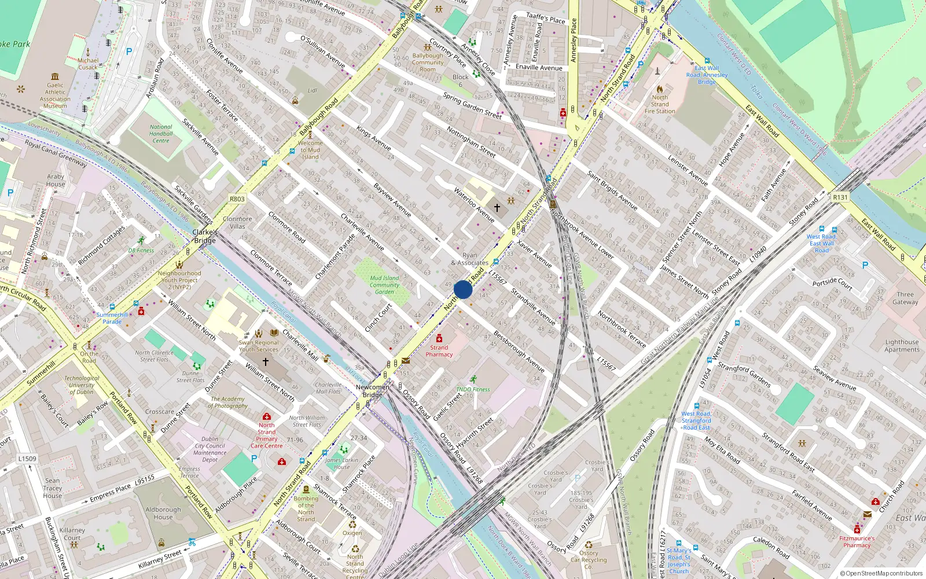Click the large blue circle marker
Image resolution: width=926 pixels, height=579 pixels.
click(463, 289)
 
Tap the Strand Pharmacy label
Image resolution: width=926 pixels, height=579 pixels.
click(439, 351)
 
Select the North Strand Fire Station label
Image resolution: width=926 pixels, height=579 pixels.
click(660, 104)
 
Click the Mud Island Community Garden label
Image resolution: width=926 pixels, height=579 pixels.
click(384, 285)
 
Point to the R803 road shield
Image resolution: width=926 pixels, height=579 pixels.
click(237, 199)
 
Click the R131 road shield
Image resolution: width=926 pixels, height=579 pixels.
click(840, 197)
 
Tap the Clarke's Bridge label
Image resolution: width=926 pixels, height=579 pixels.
click(205, 236)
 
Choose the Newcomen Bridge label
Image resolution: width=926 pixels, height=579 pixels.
click(373, 391)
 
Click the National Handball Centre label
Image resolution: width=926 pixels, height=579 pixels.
click(161, 134)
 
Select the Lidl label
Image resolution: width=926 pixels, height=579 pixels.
click(313, 90)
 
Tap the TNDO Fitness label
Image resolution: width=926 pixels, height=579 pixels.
click(473, 389)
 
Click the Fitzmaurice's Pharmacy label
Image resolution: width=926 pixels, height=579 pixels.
click(857, 541)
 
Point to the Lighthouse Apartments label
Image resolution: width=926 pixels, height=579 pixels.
click(902, 346)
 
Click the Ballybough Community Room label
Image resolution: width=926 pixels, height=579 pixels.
click(428, 63)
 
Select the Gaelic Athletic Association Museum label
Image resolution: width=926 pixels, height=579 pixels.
click(55, 96)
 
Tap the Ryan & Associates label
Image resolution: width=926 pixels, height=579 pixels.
click(470, 259)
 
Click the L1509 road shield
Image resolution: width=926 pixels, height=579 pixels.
click(27, 459)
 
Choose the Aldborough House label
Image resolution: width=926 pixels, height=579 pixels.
click(163, 514)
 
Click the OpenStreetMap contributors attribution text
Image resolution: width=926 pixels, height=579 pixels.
click(881, 573)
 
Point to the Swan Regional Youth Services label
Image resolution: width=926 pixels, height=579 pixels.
click(259, 346)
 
